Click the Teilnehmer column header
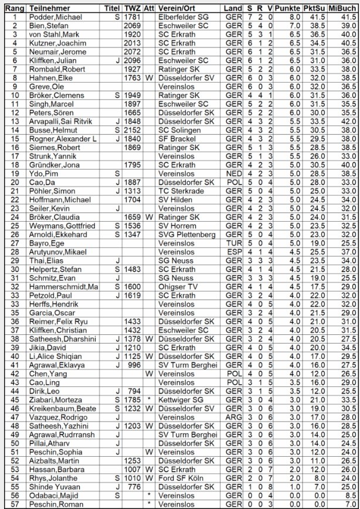[49, 9]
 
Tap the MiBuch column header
[343, 9]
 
